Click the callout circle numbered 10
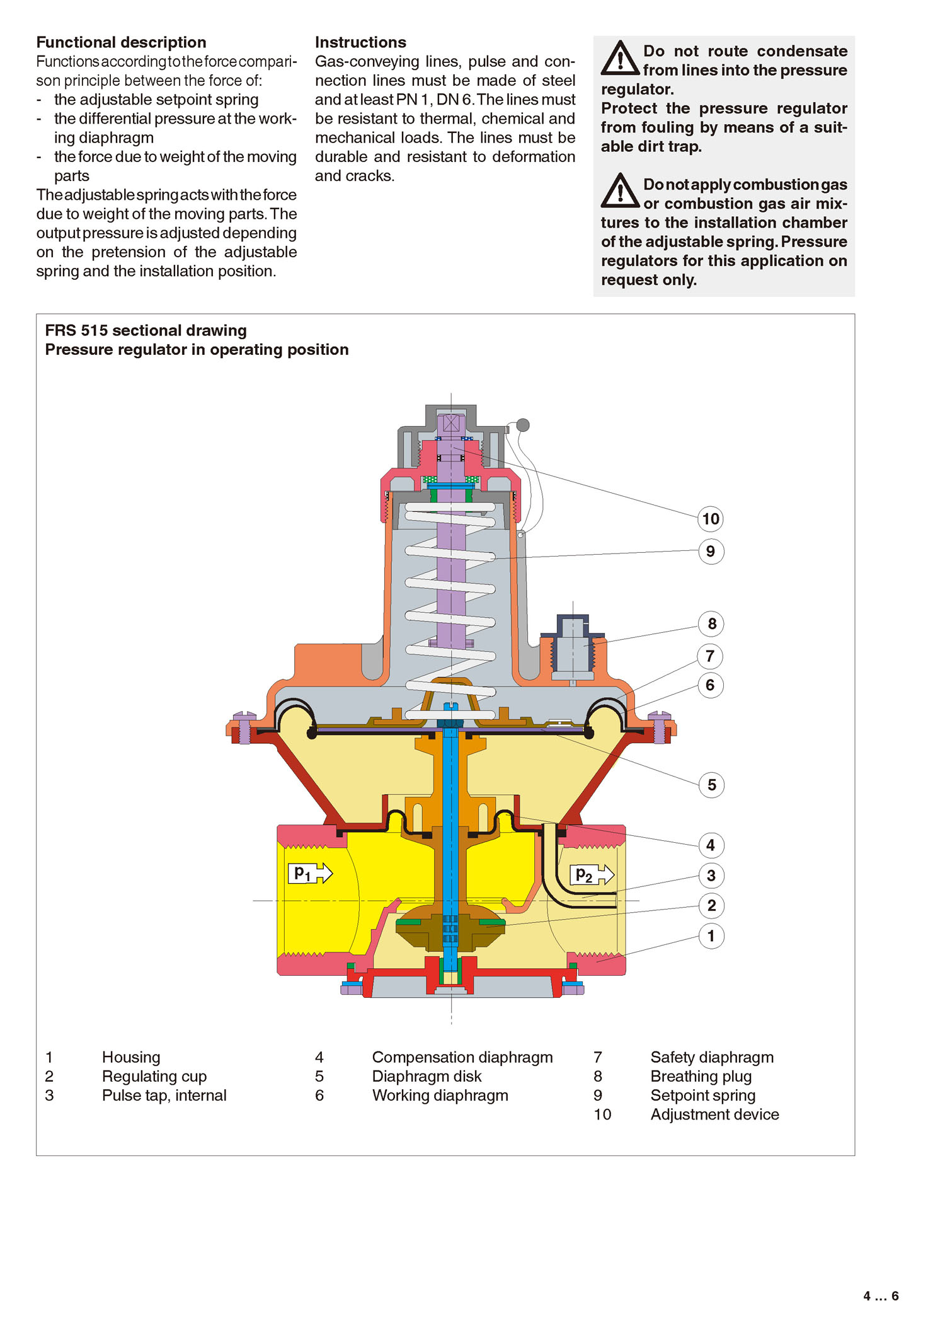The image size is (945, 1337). (711, 519)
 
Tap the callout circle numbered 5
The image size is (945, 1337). (711, 785)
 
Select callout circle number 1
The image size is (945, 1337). (711, 936)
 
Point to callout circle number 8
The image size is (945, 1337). (711, 624)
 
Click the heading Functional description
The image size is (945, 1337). (121, 42)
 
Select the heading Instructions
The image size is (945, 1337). (360, 42)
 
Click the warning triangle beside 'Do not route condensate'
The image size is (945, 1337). (620, 58)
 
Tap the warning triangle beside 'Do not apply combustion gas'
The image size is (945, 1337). (620, 191)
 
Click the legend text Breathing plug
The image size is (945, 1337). (701, 1076)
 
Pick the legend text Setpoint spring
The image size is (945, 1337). (702, 1095)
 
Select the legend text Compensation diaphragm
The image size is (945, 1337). (462, 1057)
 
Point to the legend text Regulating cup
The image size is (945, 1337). (154, 1076)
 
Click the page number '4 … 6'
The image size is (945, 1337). (880, 1296)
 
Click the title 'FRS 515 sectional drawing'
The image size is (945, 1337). (146, 330)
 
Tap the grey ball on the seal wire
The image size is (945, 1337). (523, 425)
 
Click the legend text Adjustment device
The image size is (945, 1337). (714, 1114)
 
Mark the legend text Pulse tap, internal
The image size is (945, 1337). (164, 1095)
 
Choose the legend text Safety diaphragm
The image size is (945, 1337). (712, 1057)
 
